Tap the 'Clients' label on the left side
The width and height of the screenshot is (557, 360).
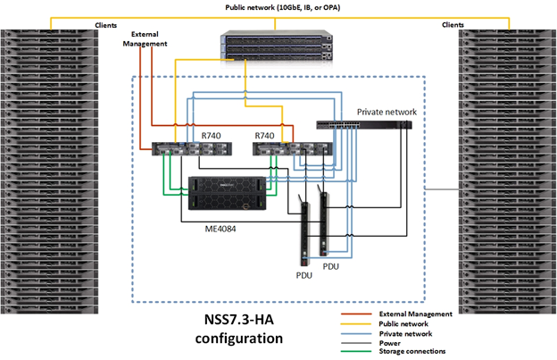click(x=106, y=25)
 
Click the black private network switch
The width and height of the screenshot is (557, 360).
click(x=365, y=126)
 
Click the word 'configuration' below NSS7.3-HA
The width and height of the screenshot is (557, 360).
click(x=238, y=339)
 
